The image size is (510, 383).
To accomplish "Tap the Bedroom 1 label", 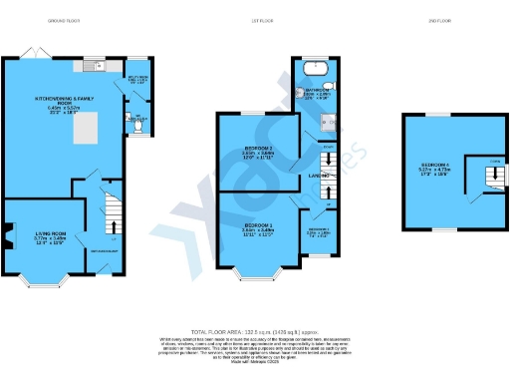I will [x=257, y=228].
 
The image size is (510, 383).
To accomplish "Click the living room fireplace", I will [x=8, y=237].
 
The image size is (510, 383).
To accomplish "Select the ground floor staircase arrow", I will [x=114, y=217].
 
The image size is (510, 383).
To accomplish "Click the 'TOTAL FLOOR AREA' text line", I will [x=254, y=330].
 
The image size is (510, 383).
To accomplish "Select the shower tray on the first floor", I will [x=327, y=127].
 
